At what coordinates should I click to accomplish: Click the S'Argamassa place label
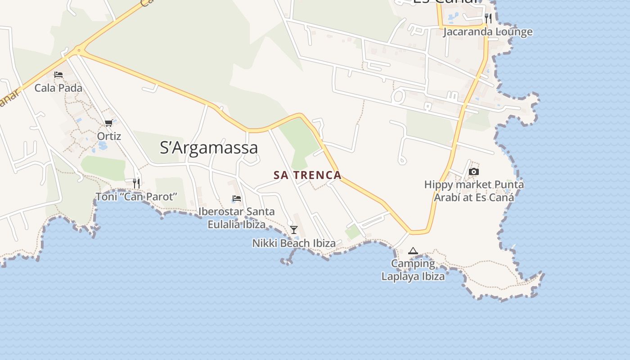coord(209,148)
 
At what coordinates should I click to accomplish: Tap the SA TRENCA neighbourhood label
coord(308,175)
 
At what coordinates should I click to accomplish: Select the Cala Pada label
coord(58,88)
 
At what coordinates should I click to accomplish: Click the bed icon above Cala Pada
coord(58,75)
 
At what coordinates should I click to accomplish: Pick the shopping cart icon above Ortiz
coord(108,123)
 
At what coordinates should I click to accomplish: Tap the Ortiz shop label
coord(109,136)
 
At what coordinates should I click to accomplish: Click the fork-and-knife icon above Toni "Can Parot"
coord(136,183)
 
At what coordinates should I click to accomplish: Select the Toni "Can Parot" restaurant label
coord(136,197)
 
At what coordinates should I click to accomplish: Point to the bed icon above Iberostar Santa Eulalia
coord(237,198)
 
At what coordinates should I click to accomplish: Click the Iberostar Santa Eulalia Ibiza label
coord(237,218)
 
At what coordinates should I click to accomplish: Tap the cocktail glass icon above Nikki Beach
coord(294,230)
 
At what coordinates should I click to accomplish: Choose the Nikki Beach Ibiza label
coord(294,243)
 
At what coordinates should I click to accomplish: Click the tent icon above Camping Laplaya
coord(413,251)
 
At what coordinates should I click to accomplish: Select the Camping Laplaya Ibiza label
coord(413,270)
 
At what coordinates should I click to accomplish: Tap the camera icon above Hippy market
coord(474,171)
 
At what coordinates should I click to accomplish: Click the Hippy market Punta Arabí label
coord(474,191)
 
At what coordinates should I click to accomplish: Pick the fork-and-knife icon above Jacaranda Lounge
coord(488,18)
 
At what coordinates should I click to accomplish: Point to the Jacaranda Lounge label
coord(488,32)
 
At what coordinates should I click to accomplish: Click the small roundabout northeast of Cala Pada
coord(79,50)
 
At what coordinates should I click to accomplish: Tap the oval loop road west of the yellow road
coord(398,96)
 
